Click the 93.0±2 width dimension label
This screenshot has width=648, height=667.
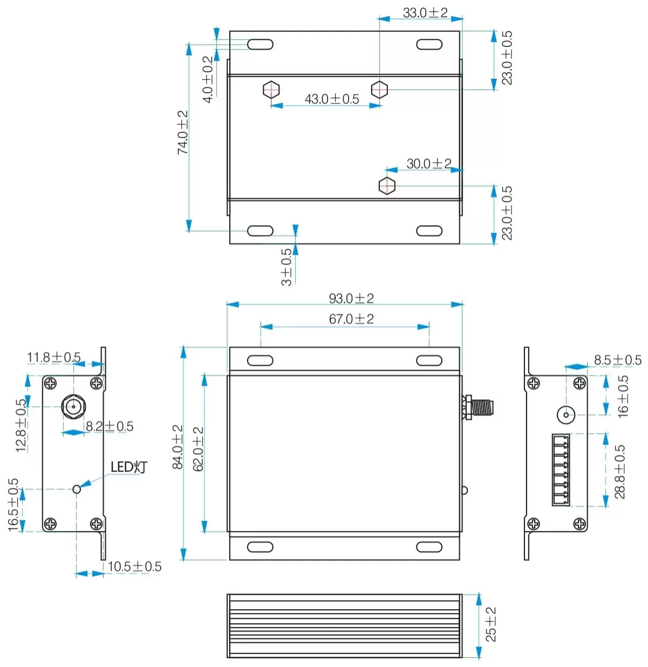tap(351, 298)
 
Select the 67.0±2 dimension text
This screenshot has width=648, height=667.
tap(351, 319)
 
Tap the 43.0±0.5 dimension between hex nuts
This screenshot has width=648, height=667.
tap(332, 99)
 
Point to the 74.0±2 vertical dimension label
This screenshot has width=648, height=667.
tap(183, 133)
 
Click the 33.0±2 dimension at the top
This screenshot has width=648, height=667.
tap(425, 13)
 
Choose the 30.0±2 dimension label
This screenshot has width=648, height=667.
tap(429, 164)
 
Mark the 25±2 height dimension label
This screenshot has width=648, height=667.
tap(491, 624)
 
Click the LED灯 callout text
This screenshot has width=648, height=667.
tap(128, 467)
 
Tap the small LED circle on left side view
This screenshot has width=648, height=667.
tap(77, 489)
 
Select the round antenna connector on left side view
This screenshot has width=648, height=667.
tap(73, 406)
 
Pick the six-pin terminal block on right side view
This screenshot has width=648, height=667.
tap(561, 469)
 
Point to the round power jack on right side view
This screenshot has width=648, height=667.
tap(565, 415)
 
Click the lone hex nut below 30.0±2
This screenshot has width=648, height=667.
tap(387, 186)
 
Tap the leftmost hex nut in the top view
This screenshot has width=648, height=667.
tap(271, 89)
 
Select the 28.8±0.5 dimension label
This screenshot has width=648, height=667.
tap(620, 471)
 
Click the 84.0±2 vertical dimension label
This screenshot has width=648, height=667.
tap(178, 447)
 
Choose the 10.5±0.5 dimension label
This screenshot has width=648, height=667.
tap(134, 567)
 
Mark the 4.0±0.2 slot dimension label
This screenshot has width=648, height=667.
tap(208, 79)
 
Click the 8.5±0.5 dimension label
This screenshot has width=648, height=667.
tap(618, 360)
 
